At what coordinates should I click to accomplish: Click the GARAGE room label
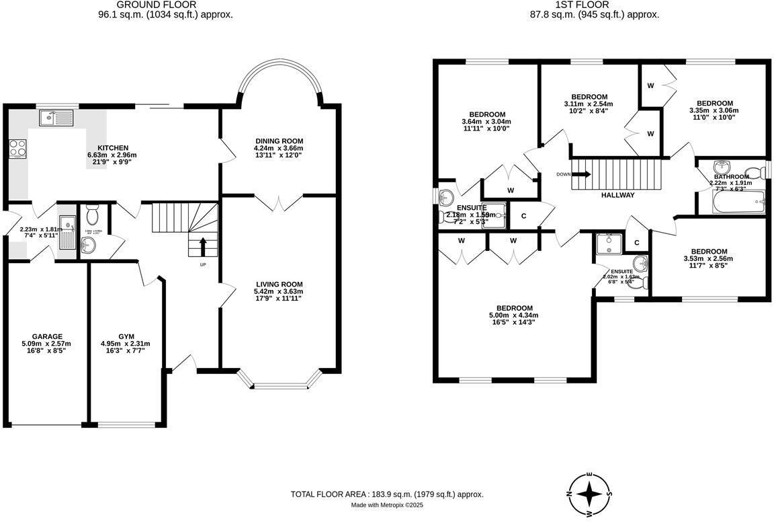(x=47, y=336)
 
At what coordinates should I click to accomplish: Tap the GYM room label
(x=126, y=336)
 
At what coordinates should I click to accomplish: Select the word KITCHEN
(x=112, y=147)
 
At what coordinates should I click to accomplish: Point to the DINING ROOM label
(x=278, y=141)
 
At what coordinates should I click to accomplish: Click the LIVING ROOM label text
(x=278, y=284)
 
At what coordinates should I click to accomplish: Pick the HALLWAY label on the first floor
(x=617, y=195)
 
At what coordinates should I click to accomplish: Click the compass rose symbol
(x=590, y=493)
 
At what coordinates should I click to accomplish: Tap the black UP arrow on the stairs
(x=203, y=248)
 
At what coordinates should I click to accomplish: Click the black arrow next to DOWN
(x=583, y=174)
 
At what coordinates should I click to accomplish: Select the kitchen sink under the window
(x=56, y=118)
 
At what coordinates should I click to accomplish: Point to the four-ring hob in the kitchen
(x=18, y=148)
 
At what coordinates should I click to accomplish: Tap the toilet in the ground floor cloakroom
(x=93, y=215)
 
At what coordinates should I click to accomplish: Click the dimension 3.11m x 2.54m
(x=589, y=104)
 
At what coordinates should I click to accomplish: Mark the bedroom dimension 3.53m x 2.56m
(x=708, y=258)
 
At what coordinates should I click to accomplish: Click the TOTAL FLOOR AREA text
(x=386, y=494)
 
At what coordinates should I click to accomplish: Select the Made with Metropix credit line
(x=387, y=505)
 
